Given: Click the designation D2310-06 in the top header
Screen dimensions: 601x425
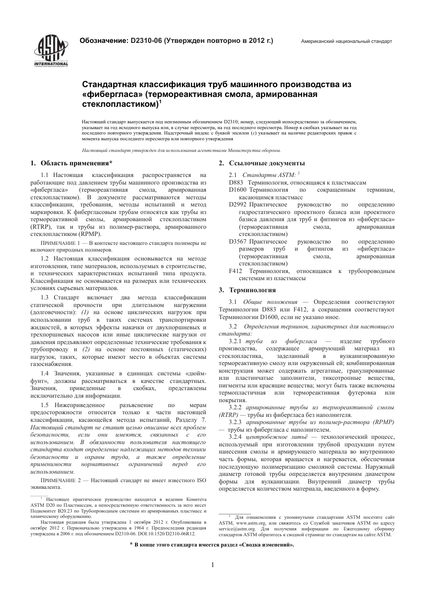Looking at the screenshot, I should pos(146,41).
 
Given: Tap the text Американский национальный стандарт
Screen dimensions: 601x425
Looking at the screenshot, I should pos(346,41).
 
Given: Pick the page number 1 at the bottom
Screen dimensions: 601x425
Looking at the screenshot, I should pos(212,565).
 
